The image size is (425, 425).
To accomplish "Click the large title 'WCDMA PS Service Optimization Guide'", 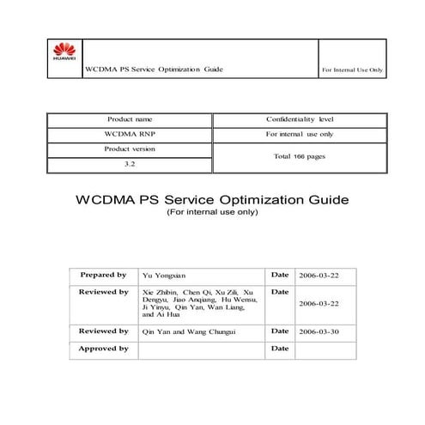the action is click(212, 199).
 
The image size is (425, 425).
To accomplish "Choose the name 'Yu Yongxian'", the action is click(163, 276).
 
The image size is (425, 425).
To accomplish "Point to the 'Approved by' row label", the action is click(103, 348).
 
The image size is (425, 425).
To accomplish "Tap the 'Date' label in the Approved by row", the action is click(279, 348).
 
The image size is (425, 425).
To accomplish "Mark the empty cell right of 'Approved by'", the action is click(201, 348).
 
